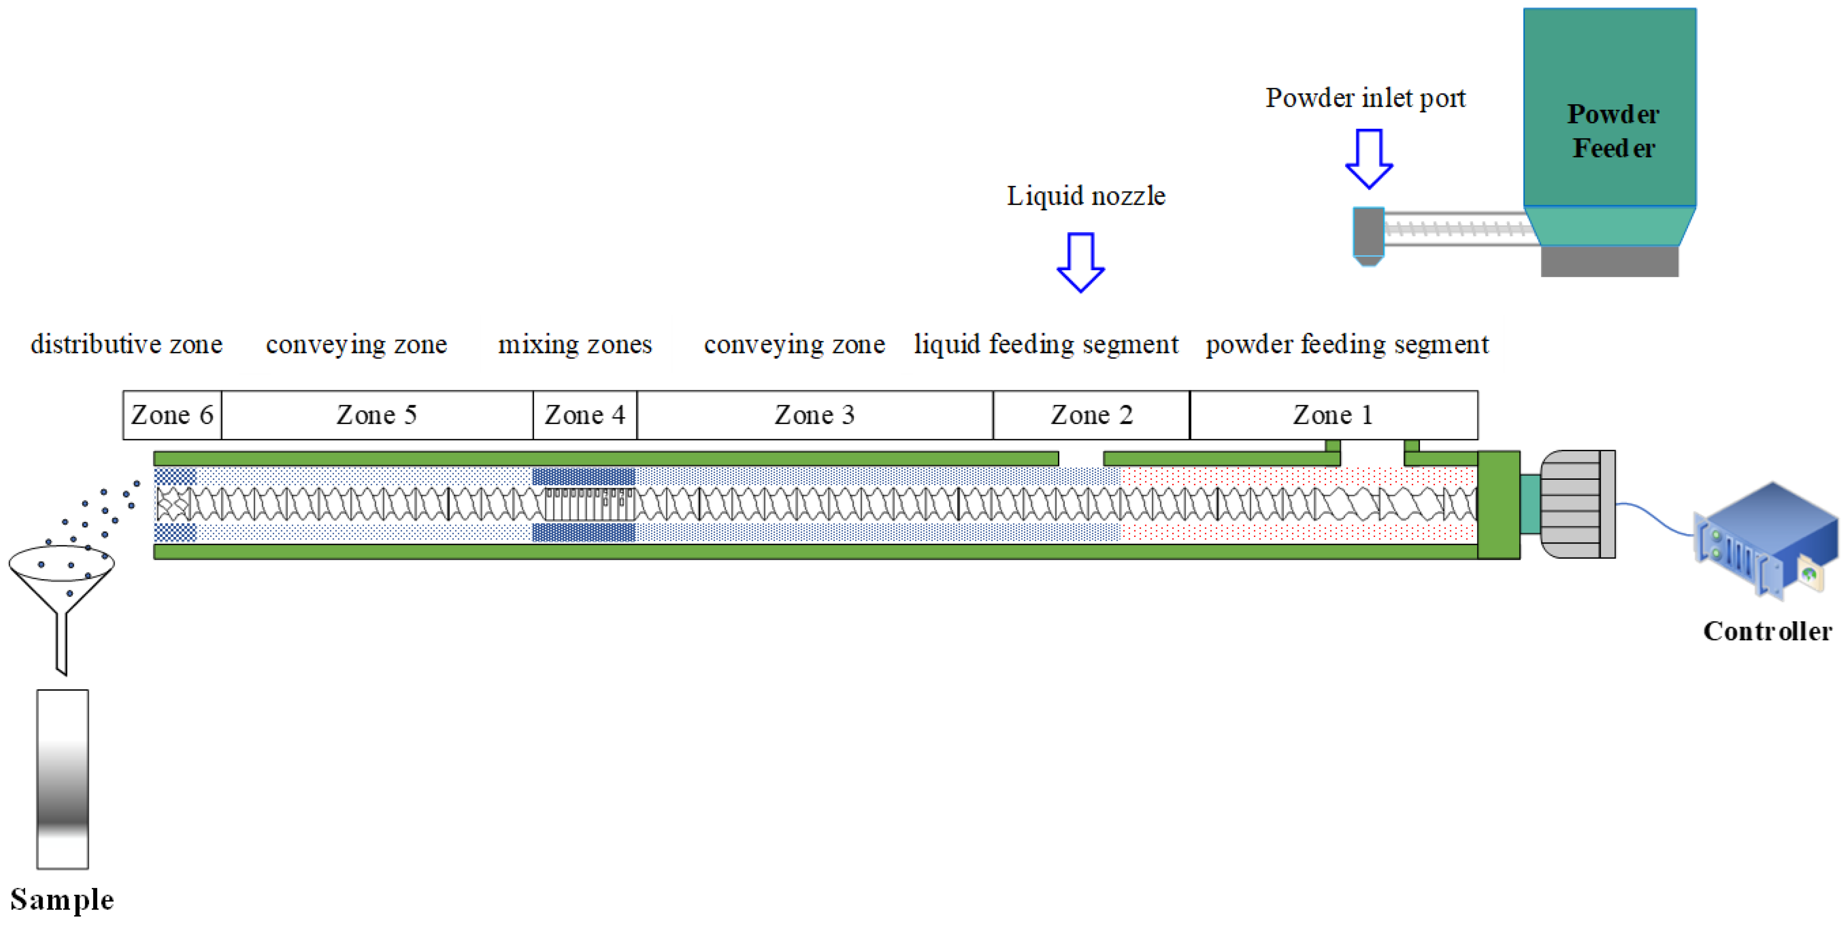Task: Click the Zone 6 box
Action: (x=171, y=415)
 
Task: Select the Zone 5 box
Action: (x=377, y=415)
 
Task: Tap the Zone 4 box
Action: (x=585, y=415)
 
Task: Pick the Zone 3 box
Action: (x=814, y=415)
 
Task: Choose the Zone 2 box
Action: (x=1091, y=415)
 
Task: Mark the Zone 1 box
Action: (x=1333, y=415)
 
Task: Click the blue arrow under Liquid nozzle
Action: (x=1080, y=262)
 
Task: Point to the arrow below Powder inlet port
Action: (x=1369, y=158)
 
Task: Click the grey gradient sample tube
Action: (x=62, y=779)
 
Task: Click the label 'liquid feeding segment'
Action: (x=1045, y=344)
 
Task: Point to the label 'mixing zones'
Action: (x=575, y=344)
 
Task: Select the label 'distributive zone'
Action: (x=126, y=344)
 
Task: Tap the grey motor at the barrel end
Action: (x=1577, y=504)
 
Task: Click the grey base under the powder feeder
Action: (x=1609, y=262)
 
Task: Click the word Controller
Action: (x=1767, y=631)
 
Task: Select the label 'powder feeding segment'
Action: (x=1347, y=344)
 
